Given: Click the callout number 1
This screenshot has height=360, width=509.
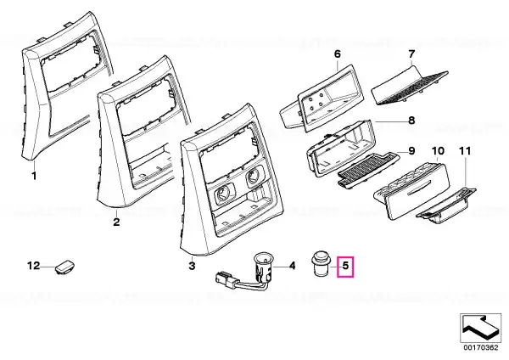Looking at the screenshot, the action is [34, 177].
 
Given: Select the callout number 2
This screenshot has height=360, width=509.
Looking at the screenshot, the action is [116, 222].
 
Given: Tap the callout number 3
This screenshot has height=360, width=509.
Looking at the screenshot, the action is [192, 266].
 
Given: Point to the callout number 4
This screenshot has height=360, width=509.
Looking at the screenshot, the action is [292, 266].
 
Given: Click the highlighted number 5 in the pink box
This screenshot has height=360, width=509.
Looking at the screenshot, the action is [345, 266].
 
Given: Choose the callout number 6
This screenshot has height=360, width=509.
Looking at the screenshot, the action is [338, 54].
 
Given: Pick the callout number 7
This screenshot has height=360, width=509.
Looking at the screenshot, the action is [411, 54].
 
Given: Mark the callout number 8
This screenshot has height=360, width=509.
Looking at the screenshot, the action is [411, 121].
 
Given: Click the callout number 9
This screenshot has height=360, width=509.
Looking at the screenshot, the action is [411, 151].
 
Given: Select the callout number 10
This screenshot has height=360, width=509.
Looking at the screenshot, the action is [438, 151].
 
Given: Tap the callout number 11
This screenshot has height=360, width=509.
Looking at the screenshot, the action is [465, 151].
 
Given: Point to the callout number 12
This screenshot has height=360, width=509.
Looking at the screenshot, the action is [33, 266].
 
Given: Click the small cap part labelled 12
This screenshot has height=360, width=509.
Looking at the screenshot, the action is [65, 267].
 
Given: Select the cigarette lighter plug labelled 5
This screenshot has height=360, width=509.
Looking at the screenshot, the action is [321, 263].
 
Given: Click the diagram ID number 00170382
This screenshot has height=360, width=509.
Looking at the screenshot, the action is [480, 347].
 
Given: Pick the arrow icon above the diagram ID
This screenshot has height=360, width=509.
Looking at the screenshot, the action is [480, 328].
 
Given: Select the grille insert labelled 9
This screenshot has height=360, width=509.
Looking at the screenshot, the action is [367, 169].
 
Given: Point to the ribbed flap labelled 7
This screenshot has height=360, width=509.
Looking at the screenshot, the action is [410, 86].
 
